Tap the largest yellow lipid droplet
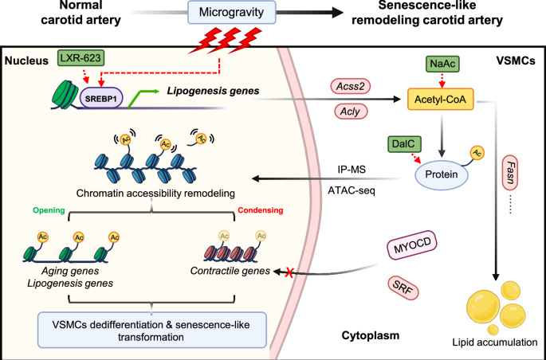click(x=475, y=310)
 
